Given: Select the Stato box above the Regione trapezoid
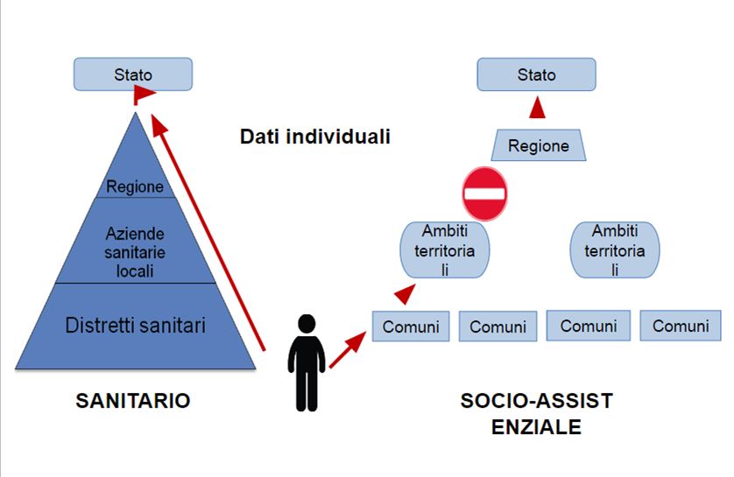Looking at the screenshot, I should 536,74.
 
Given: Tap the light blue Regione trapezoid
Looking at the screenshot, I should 539,145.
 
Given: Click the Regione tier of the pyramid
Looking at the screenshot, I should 134,186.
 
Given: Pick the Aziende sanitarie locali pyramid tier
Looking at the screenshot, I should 135,251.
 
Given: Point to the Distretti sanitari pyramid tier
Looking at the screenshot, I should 136,326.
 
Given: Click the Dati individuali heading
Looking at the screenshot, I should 314,137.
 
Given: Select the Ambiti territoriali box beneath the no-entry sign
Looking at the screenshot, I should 445,249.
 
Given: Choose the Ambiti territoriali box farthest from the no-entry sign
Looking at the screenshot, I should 614,249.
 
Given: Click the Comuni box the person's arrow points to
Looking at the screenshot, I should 411,326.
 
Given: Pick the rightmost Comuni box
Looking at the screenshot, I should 680,326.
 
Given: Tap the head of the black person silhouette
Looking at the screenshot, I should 306,323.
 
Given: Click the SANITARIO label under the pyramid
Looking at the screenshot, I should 132,401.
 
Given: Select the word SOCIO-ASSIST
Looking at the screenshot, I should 536,401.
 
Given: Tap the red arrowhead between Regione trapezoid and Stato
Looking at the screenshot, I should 537,108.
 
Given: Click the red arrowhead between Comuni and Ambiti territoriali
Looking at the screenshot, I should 405,294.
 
